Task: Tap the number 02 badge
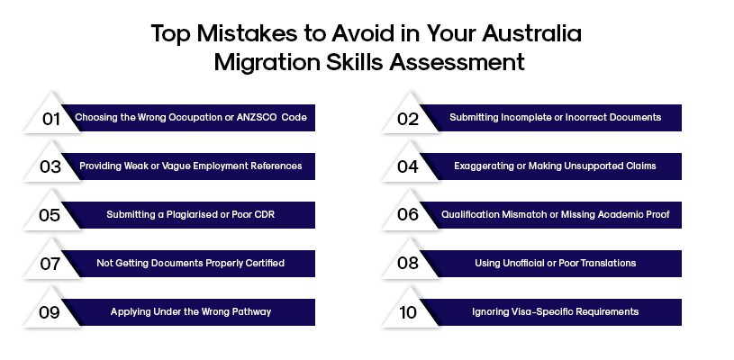[408, 118]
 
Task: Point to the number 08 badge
[408, 264]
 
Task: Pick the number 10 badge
[408, 312]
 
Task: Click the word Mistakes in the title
[232, 34]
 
